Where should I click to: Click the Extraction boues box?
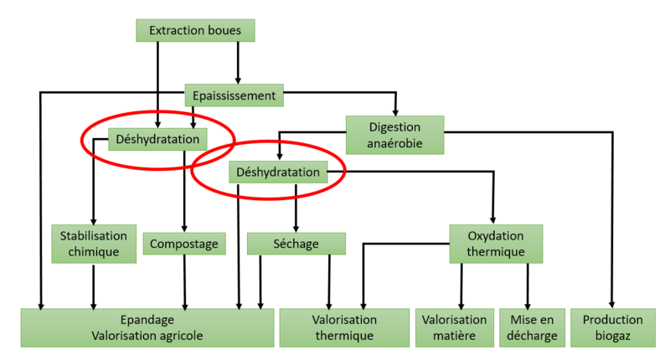(x=195, y=31)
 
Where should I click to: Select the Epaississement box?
(x=234, y=95)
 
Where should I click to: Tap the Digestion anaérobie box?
(x=394, y=135)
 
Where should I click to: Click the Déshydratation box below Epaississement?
(x=158, y=139)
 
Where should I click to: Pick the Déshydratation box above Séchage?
(x=279, y=172)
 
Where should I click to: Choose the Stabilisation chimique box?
(x=93, y=244)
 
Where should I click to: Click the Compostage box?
(x=185, y=244)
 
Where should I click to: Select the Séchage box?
(x=296, y=244)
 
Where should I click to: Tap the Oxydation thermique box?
(x=496, y=244)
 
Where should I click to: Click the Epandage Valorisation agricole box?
(x=147, y=327)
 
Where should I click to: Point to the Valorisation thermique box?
(x=344, y=327)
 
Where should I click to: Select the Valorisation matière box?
(x=455, y=327)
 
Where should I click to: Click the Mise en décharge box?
(x=528, y=327)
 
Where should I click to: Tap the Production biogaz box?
(x=612, y=327)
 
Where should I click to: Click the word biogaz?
(x=612, y=336)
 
